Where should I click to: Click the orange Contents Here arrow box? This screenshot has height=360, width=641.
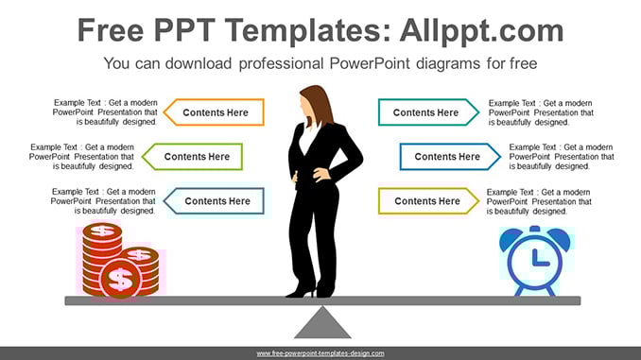point(215,111)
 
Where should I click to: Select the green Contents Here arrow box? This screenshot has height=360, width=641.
point(193,157)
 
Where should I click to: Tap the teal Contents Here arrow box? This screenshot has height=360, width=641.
point(428,111)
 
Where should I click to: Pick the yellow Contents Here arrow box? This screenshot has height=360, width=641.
point(428,201)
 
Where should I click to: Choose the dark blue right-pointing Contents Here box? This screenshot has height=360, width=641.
point(450,157)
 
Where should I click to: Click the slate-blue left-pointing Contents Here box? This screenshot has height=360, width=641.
point(215,201)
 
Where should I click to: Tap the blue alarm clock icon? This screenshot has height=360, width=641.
point(535,261)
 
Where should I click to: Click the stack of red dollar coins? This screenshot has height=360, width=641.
point(120,260)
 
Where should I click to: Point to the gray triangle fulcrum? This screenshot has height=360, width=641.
point(322,324)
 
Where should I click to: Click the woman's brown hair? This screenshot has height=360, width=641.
point(319,104)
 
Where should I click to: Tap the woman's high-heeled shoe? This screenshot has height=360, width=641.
point(302,291)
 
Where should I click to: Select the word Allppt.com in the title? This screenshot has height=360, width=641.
point(481,30)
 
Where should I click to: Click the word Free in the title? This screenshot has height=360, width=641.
point(111,30)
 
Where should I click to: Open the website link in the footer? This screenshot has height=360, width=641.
point(320,353)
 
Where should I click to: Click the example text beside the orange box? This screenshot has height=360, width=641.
point(105,111)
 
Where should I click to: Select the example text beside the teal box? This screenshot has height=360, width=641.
point(541,112)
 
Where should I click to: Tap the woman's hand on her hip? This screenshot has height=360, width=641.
point(322,175)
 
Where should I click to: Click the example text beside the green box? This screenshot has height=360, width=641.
point(81,157)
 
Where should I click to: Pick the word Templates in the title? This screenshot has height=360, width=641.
point(303,31)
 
